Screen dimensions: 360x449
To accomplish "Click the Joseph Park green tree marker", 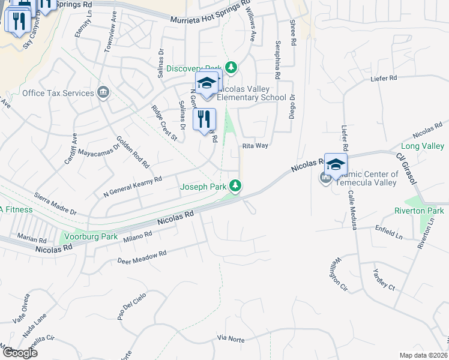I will tap(237, 187).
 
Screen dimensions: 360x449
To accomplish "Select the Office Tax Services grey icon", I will tap(104, 92).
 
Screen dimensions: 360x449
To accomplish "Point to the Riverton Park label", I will tap(419, 211).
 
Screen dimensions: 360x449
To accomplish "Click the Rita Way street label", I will tap(255, 145).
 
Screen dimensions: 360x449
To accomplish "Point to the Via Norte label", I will tap(231, 339).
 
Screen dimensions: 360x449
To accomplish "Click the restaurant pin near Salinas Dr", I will tap(204, 119).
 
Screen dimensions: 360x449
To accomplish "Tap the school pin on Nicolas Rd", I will tap(336, 165).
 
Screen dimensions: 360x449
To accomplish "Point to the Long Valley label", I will tap(422, 146).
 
